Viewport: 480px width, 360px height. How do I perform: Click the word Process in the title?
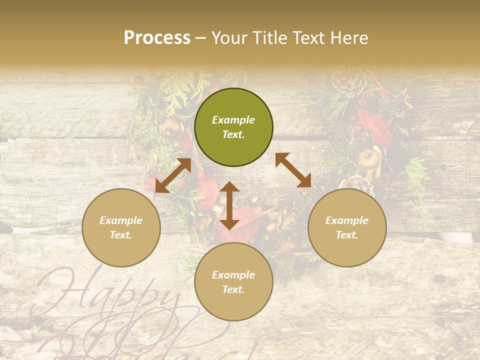(157, 38)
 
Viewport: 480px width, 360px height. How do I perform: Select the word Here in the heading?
(349, 38)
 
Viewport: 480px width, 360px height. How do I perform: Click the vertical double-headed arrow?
(229, 205)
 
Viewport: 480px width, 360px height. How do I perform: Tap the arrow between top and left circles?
(173, 175)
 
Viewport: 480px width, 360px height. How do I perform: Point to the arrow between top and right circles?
(293, 170)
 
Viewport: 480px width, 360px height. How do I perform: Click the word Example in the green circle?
(233, 120)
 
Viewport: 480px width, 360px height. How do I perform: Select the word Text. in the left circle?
(121, 235)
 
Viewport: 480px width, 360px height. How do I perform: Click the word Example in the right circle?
(347, 220)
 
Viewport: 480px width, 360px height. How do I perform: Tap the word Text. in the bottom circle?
(233, 289)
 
